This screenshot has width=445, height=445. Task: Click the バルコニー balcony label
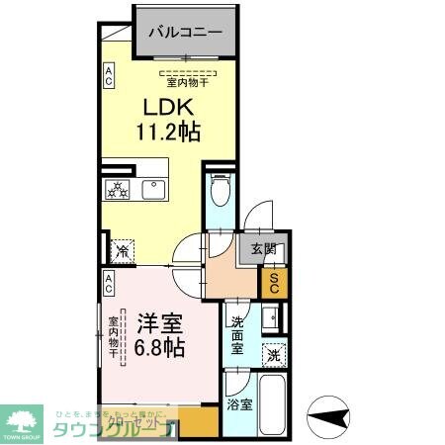click(185, 31)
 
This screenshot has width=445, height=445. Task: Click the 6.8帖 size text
click(160, 348)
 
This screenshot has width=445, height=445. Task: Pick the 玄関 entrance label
click(262, 250)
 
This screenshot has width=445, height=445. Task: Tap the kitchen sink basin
click(153, 189)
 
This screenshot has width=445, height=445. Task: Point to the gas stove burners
click(118, 189)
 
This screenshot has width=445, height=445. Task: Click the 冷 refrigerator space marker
click(122, 251)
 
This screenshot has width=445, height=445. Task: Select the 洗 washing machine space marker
click(271, 354)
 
